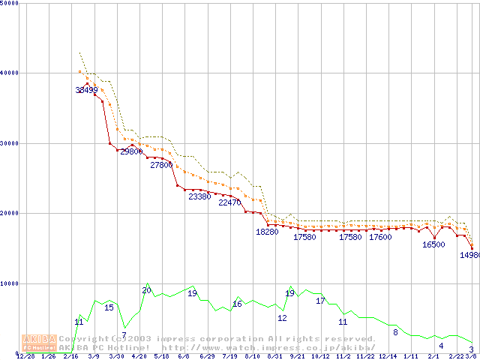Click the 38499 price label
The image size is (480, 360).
point(87,90)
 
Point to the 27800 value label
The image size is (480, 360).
point(161,165)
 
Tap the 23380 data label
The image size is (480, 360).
point(199,196)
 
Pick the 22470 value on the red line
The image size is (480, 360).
point(229,202)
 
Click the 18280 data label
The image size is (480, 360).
point(267,232)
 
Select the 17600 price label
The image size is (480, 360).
point(380,237)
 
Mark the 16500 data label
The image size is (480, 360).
point(433,244)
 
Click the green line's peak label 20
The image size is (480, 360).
point(146,290)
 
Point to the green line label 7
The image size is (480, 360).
point(124,334)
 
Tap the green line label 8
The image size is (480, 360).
point(395,332)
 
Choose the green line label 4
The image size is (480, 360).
point(441,346)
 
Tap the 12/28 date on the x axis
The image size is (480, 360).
point(25,356)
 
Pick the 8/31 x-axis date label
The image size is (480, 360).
point(274,356)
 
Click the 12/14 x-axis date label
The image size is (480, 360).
point(388,356)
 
